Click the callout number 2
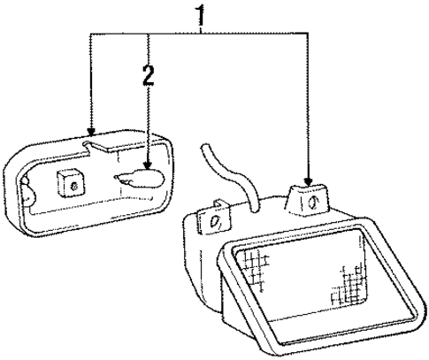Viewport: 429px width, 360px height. pyautogui.click(x=149, y=75)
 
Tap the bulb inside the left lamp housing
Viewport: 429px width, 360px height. pyautogui.click(x=140, y=179)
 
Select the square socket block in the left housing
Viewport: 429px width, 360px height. pyautogui.click(x=71, y=183)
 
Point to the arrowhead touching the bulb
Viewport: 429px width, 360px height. pyautogui.click(x=148, y=165)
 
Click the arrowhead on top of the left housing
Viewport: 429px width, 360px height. pyautogui.click(x=91, y=132)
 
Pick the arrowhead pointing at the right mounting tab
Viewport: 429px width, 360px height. pyautogui.click(x=308, y=181)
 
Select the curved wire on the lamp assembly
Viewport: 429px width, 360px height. pyautogui.click(x=233, y=177)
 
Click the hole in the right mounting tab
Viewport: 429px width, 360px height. pyautogui.click(x=313, y=203)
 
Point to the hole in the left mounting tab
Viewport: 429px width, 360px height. pyautogui.click(x=214, y=222)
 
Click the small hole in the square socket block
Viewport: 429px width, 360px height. pyautogui.click(x=73, y=186)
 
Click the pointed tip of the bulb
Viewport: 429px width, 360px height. pyautogui.click(x=115, y=177)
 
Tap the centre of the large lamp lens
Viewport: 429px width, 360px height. pyautogui.click(x=303, y=281)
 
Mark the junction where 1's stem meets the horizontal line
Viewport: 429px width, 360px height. pyautogui.click(x=201, y=33)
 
